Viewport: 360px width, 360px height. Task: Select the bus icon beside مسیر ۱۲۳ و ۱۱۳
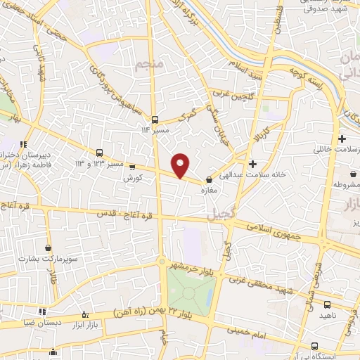[99, 153]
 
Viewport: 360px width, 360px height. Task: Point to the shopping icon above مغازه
[209, 180]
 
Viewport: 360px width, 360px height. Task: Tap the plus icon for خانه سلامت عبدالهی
[252, 163]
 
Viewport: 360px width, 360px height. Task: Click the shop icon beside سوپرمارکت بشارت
[48, 247]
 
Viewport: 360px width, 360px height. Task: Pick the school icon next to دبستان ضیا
[42, 311]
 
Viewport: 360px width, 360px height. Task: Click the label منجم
[143, 66]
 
